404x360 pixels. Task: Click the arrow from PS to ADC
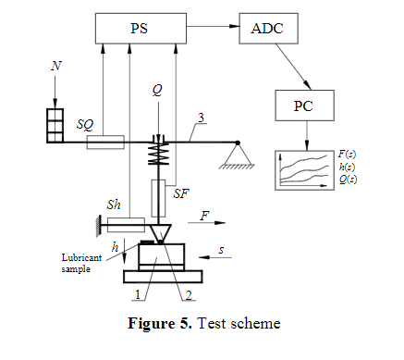point(213,26)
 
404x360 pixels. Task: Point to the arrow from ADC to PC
point(293,67)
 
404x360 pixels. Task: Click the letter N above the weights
point(56,66)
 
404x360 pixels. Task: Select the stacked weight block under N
point(55,126)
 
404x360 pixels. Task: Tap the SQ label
point(85,125)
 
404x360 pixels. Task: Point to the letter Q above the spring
point(157,90)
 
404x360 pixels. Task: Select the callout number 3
point(201,118)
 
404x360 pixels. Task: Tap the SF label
point(181,193)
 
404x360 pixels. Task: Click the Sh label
point(114,205)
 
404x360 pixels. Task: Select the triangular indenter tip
point(161,234)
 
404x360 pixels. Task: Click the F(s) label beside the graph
point(347,154)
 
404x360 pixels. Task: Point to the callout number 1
point(138,294)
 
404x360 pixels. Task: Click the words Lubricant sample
point(81,263)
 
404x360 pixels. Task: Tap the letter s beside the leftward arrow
point(221,250)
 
